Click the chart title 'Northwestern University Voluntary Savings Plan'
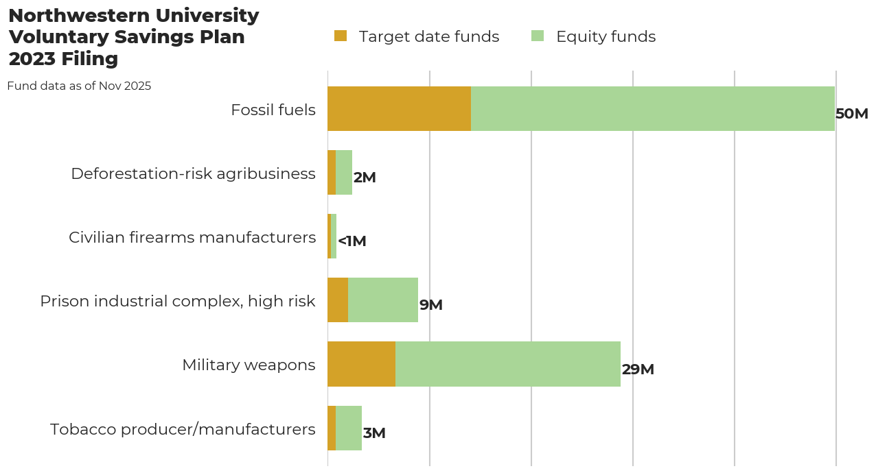(x=133, y=37)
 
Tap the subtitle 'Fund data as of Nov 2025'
(x=79, y=86)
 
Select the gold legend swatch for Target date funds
(x=341, y=36)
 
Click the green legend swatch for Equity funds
(x=538, y=36)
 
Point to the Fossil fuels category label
(x=273, y=110)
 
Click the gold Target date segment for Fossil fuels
(x=399, y=109)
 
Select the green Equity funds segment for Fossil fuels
(x=652, y=109)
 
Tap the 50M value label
(x=851, y=114)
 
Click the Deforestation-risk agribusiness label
(x=193, y=173)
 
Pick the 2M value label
(x=365, y=178)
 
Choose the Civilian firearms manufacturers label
(x=192, y=237)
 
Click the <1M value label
(x=351, y=241)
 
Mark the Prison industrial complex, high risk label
(x=178, y=301)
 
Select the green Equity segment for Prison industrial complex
(x=383, y=300)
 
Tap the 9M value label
(x=430, y=305)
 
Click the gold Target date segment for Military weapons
(x=361, y=364)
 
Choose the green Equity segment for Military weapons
(x=507, y=364)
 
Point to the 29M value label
(x=638, y=369)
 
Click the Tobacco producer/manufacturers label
(x=183, y=429)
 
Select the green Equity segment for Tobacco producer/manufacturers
(x=349, y=428)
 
